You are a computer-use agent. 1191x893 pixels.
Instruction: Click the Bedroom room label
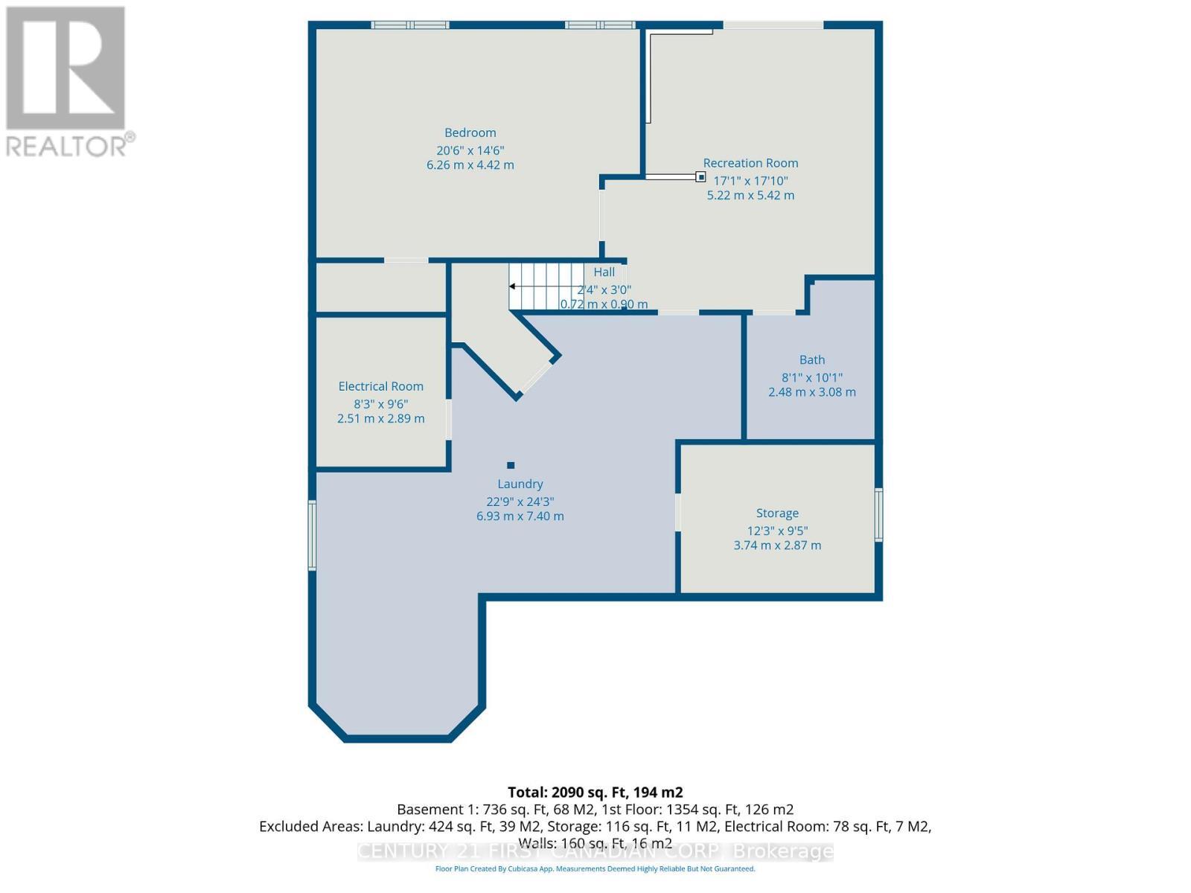[470, 133]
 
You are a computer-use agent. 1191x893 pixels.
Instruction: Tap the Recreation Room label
[750, 163]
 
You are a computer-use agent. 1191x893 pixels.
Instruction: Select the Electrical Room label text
[380, 386]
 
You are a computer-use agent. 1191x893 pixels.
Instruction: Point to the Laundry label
[520, 484]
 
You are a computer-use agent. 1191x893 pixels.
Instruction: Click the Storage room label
[777, 513]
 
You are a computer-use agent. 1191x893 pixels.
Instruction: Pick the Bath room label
[812, 359]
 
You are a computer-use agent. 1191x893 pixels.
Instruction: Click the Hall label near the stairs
[604, 272]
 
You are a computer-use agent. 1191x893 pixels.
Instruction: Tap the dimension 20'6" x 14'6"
[470, 150]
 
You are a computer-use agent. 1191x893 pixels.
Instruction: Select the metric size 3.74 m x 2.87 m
[777, 545]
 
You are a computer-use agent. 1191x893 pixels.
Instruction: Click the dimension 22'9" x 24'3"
[520, 502]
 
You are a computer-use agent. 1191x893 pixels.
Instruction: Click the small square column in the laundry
[511, 466]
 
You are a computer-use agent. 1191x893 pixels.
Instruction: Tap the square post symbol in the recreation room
[700, 177]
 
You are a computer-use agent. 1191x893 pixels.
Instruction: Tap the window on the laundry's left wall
[313, 536]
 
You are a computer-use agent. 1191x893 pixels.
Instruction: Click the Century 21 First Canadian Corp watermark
[595, 851]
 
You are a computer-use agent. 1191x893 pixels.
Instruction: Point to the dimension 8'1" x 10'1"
[812, 377]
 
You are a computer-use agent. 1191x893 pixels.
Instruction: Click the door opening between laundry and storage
[678, 512]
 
